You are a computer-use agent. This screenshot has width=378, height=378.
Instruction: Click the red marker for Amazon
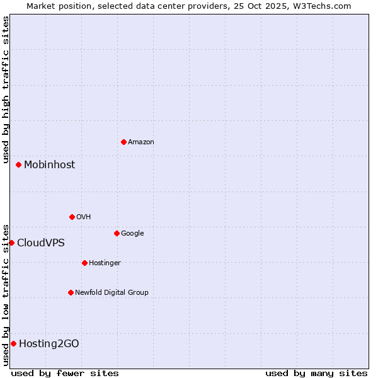[x=123, y=142]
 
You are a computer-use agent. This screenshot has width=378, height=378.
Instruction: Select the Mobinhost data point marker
[x=19, y=164]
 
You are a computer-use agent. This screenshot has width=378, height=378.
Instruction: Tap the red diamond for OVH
[x=72, y=217]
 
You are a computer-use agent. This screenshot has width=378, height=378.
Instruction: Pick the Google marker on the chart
[x=117, y=233]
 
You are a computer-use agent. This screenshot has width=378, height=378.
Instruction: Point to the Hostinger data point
[x=84, y=263]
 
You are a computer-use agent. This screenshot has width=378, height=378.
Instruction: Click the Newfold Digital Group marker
[x=71, y=292]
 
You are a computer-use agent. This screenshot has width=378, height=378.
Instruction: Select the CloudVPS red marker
[x=11, y=243]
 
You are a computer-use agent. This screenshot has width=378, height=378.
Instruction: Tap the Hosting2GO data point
[x=13, y=343]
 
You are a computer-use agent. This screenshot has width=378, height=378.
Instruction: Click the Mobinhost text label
[x=49, y=164]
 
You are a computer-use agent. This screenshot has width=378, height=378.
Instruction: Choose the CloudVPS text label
[x=40, y=243]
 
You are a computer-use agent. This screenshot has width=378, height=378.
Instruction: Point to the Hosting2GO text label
[x=49, y=343]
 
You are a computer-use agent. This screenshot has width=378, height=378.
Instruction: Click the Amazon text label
[x=141, y=142]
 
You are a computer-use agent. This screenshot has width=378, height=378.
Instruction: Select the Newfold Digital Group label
[x=112, y=292]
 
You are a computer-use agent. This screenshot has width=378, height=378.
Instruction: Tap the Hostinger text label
[x=105, y=263]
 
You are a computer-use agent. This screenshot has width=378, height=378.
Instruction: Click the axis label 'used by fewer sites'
[x=65, y=373]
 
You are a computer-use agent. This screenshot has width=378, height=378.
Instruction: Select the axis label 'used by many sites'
[x=316, y=373]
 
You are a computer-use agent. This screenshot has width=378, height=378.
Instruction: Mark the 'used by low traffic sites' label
[x=6, y=295]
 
